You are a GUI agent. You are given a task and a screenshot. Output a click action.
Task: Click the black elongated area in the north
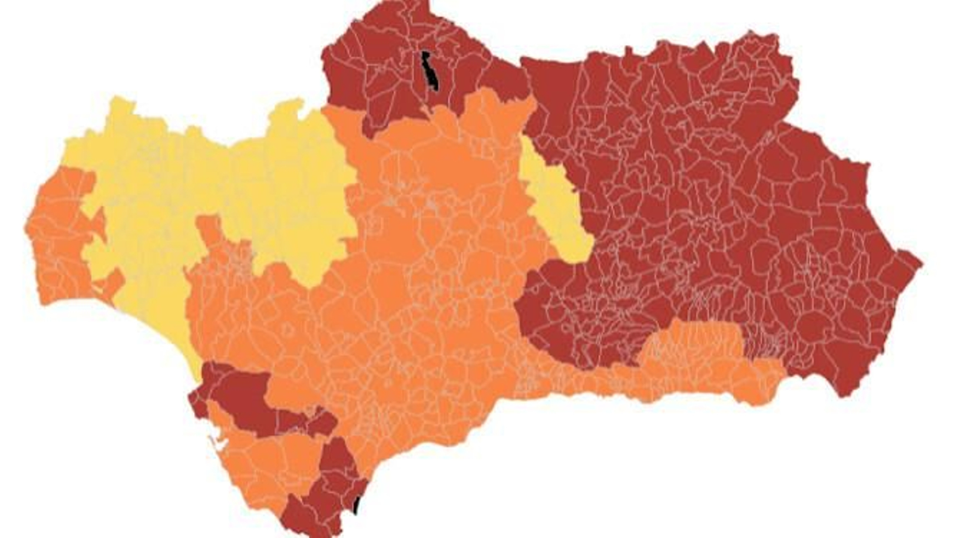tap(429, 71)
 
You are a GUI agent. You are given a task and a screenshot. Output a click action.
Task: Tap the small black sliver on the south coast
tap(356, 506)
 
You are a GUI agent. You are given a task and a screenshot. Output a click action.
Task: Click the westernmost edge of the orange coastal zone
tap(27, 228)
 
